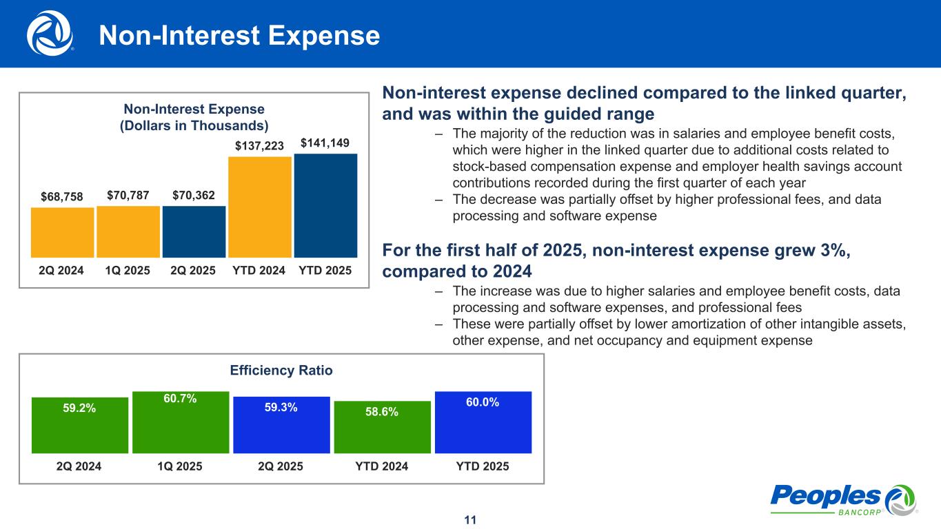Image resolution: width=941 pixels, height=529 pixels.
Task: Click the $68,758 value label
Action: tap(61, 197)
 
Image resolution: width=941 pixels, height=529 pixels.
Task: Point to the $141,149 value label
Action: tap(325, 143)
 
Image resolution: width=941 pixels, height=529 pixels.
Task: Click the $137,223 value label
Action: tap(259, 146)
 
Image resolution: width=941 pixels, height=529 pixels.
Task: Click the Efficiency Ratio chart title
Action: tap(281, 371)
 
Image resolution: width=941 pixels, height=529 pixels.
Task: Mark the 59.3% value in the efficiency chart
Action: tap(281, 408)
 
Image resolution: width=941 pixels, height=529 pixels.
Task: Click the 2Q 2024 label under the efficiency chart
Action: tap(79, 466)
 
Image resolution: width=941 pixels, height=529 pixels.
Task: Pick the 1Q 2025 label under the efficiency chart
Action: tap(180, 466)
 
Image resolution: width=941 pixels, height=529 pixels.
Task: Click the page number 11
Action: tap(470, 519)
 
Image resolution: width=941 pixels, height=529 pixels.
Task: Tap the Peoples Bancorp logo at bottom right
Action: tap(843, 499)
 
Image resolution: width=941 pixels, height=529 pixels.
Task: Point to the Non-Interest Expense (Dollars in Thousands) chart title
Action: tap(194, 117)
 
